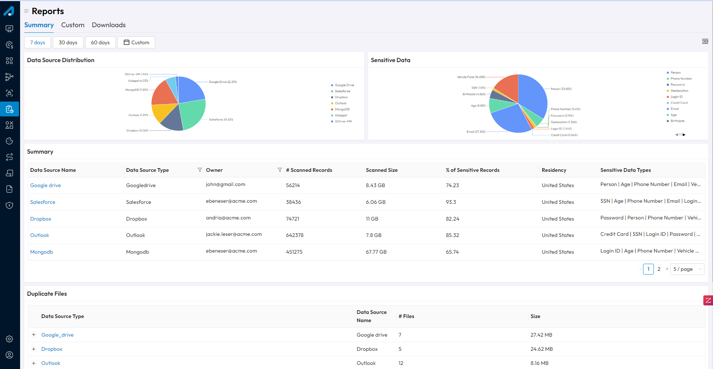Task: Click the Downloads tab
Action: pos(109,25)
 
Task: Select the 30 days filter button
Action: pos(68,42)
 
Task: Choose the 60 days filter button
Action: pos(100,42)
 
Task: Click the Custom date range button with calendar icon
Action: pos(136,42)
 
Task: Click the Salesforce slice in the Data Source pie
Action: pos(192,113)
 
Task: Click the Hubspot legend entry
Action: pos(340,115)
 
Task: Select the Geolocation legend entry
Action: pos(679,91)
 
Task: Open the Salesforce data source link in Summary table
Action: pos(43,202)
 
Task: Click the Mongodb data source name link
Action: pos(42,252)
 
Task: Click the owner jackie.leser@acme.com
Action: pos(234,234)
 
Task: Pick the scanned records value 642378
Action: pos(295,235)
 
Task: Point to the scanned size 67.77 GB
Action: pos(376,252)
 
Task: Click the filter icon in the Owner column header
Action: pos(279,170)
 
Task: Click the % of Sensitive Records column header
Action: pos(473,170)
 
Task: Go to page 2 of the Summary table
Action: pos(659,269)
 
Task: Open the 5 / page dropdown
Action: pos(687,269)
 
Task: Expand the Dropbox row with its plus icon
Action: pos(34,349)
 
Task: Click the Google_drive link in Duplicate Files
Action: pos(57,335)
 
